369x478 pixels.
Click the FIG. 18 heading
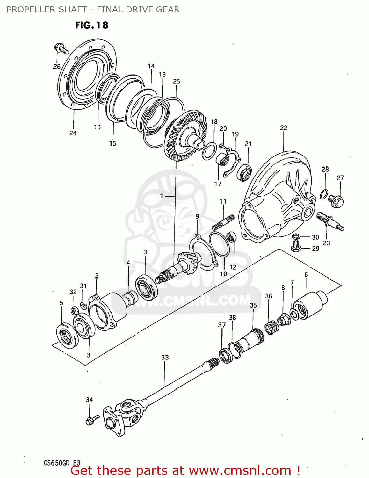[x=92, y=25]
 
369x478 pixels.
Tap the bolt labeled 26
[x=61, y=49]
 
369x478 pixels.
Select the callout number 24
[x=73, y=133]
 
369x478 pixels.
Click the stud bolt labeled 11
[x=223, y=222]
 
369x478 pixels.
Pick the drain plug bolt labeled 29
[x=296, y=247]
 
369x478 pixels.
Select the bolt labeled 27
[x=336, y=200]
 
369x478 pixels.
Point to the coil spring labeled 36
[x=271, y=327]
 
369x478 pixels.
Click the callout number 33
[x=165, y=357]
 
